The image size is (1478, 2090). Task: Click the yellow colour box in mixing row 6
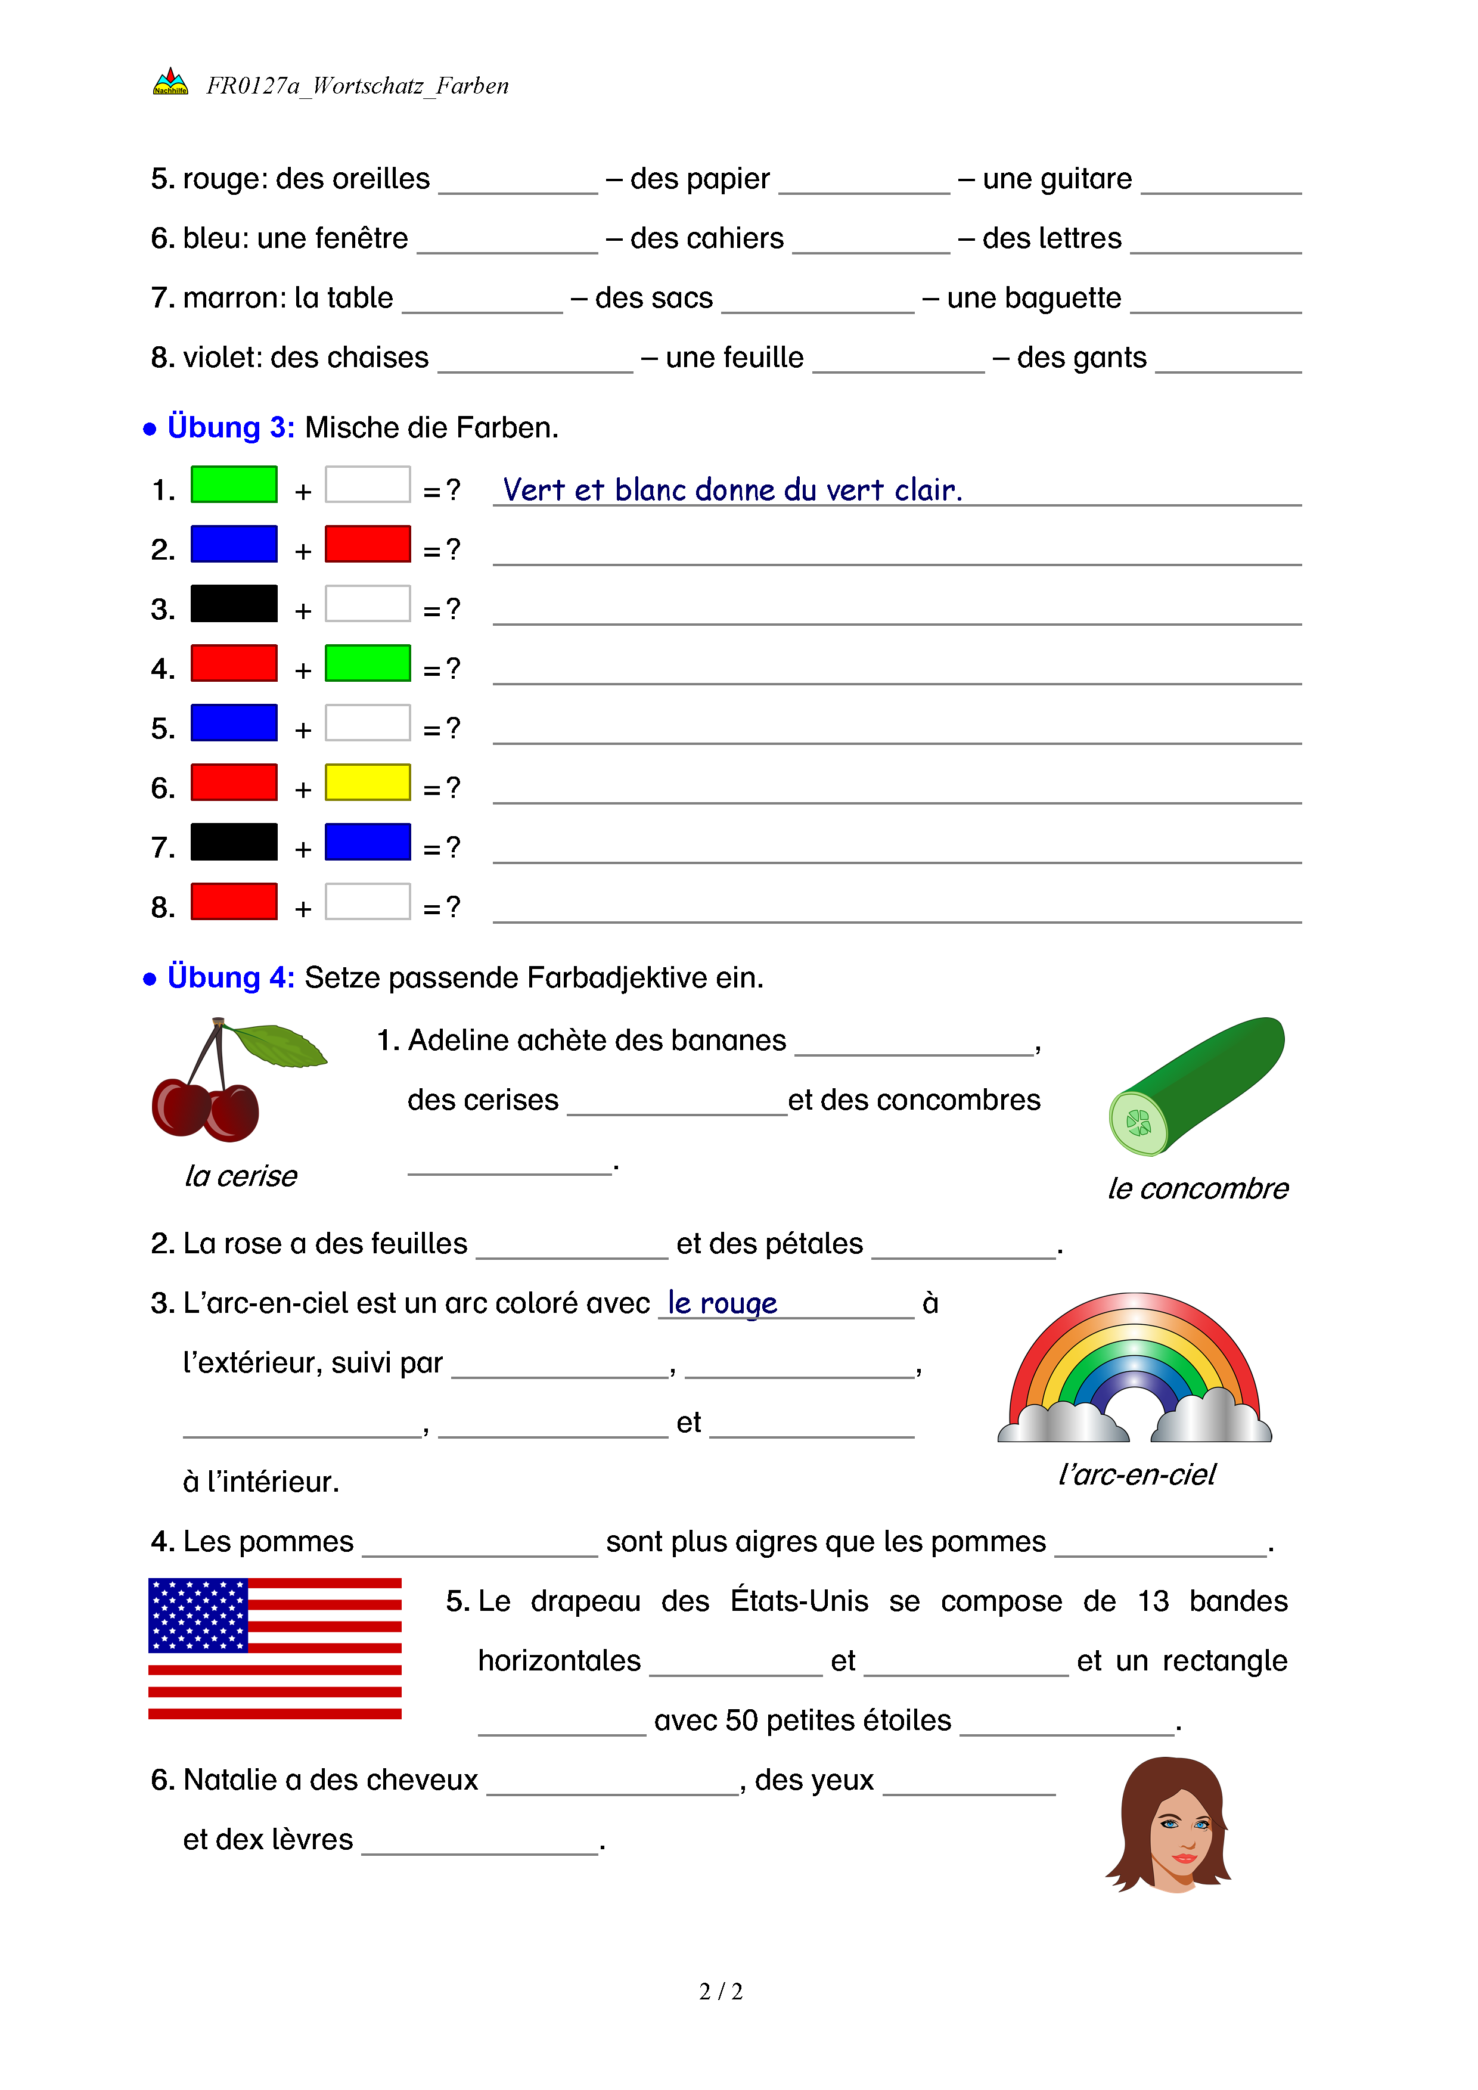[x=368, y=782]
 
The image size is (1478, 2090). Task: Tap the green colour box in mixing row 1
[x=234, y=485]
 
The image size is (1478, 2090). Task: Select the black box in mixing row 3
[x=234, y=604]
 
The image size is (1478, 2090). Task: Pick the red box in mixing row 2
[x=368, y=544]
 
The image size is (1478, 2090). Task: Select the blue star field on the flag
[x=197, y=1616]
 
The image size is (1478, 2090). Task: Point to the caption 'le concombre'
[x=1198, y=1189]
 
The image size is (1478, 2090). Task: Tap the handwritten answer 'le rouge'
[x=723, y=1303]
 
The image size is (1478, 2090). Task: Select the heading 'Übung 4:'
[x=230, y=977]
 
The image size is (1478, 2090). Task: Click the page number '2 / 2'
[x=721, y=1992]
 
